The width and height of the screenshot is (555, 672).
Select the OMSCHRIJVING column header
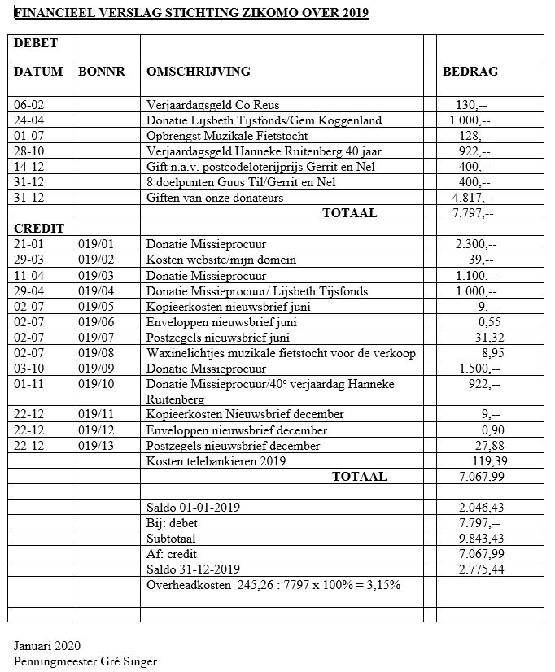(198, 72)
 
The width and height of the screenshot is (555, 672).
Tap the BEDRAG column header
(470, 72)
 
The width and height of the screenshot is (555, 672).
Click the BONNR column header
(102, 72)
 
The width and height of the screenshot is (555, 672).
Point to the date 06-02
(29, 106)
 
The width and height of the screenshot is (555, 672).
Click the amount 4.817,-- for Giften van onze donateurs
(472, 198)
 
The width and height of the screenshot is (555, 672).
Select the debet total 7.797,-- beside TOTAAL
(472, 213)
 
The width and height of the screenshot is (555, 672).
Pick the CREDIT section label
(38, 229)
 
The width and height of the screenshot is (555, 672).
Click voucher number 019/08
(95, 352)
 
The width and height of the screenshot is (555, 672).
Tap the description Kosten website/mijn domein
(221, 260)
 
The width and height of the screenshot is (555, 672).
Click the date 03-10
(29, 368)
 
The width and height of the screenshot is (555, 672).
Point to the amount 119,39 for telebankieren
(476, 461)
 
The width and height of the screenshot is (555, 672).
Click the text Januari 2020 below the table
(46, 646)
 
